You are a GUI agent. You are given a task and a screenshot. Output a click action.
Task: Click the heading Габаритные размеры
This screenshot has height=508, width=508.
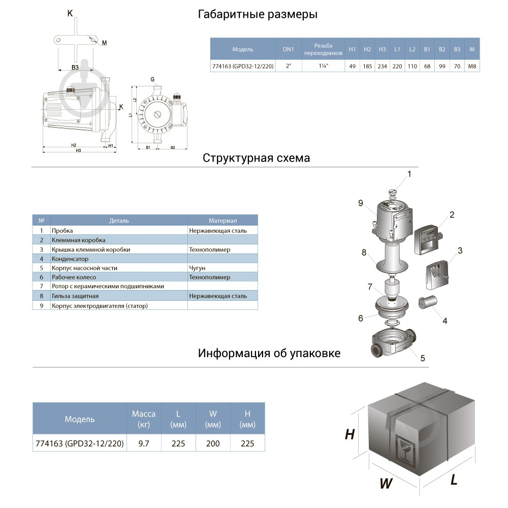coord(258,15)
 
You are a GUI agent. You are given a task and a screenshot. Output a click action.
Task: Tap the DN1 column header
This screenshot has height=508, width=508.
coord(288,49)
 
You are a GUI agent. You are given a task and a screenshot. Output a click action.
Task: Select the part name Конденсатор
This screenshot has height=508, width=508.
coord(70,259)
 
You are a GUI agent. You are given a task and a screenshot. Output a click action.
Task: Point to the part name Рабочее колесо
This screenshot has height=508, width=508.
coord(74,277)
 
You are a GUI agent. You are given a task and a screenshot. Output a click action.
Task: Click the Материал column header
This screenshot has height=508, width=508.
coord(223,221)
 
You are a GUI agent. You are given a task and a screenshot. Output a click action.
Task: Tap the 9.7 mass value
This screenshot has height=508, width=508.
coord(144,443)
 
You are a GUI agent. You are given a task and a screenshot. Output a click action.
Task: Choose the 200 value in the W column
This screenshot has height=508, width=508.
coord(213,443)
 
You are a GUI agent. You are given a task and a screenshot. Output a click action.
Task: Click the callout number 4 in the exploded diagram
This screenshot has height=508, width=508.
coord(444,321)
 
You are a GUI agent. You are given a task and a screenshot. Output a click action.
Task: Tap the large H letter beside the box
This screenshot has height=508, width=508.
coord(350,434)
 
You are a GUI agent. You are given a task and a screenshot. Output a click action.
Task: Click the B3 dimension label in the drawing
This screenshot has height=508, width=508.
coord(75,67)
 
